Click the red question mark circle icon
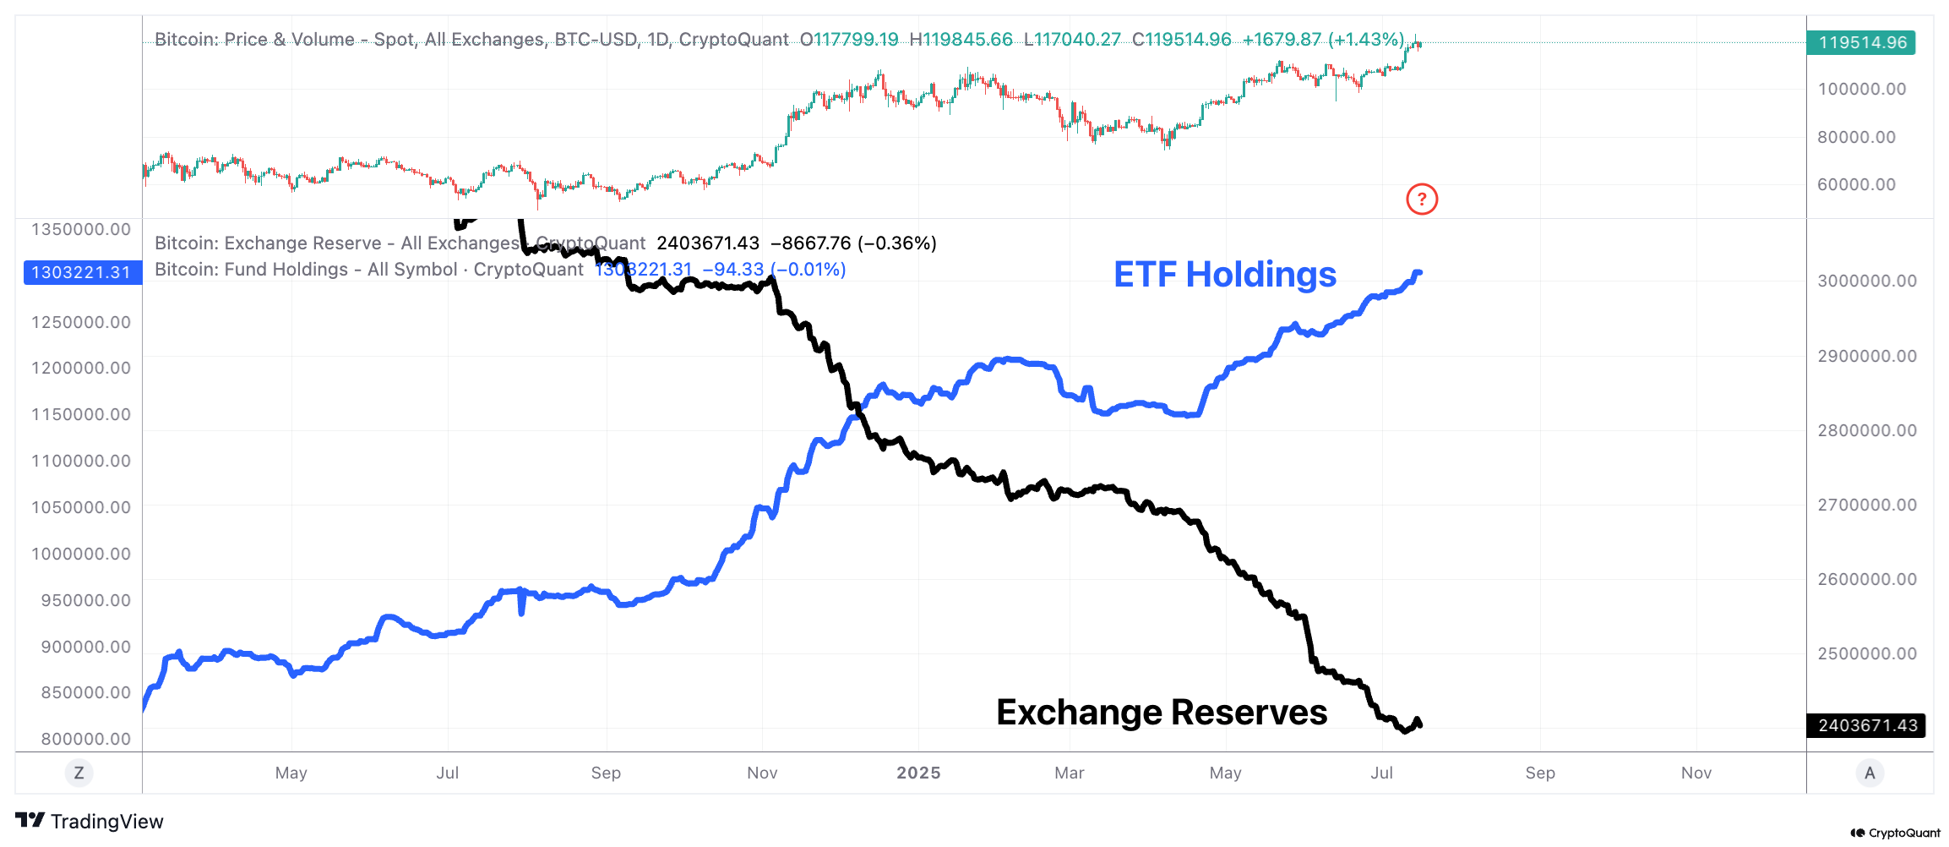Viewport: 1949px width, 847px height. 1422,199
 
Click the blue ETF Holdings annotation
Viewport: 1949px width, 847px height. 1224,275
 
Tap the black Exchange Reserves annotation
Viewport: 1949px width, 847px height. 1162,713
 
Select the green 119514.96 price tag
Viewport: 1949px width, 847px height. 1861,42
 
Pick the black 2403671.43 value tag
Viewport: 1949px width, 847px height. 1866,725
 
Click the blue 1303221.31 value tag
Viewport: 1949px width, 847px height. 82,272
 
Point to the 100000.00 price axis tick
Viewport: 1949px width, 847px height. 1861,90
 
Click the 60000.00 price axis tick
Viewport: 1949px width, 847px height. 1856,184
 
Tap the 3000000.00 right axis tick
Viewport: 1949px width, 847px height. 1866,281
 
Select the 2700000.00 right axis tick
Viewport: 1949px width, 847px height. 1866,505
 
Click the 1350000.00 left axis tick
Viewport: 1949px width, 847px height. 81,230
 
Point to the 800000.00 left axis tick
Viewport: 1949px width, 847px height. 86,739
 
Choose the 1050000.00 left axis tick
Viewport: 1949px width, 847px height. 81,507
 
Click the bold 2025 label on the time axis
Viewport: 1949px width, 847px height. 918,773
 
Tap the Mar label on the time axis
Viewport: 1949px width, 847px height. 1069,773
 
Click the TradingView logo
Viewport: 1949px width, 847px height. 90,821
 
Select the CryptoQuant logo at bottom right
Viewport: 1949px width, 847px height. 1895,833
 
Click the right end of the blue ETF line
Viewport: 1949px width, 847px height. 1419,272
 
